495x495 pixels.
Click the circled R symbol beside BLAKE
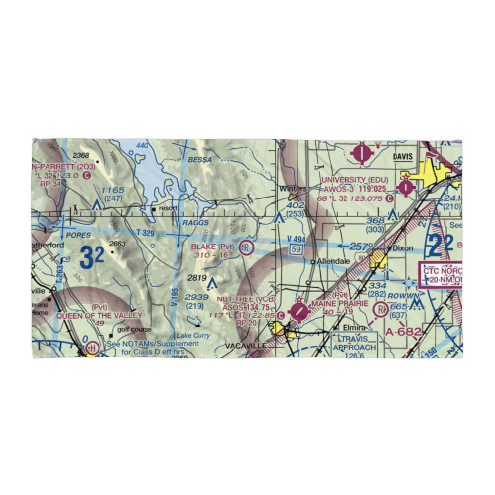pyautogui.click(x=246, y=247)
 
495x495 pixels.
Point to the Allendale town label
pyautogui.click(x=330, y=261)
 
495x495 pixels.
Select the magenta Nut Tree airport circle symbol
pyautogui.click(x=299, y=312)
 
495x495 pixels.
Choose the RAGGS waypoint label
pyautogui.click(x=195, y=223)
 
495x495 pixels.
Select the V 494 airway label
pyautogui.click(x=297, y=240)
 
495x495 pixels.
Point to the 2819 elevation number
pyautogui.click(x=197, y=278)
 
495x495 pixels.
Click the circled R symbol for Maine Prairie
pyautogui.click(x=381, y=310)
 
